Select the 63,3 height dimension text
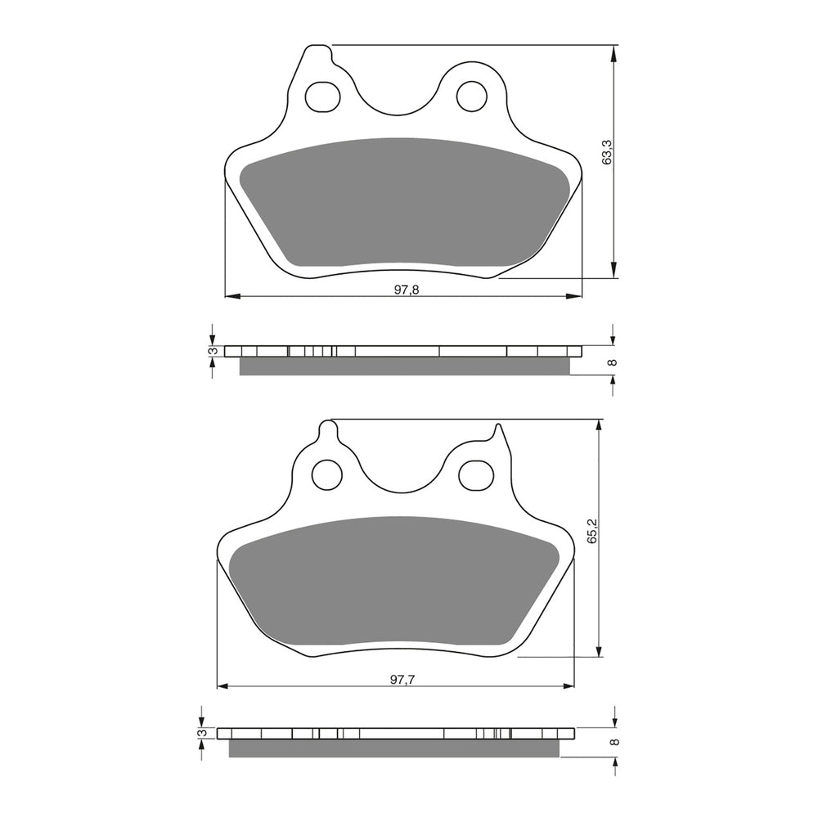click(606, 153)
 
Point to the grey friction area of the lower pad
click(396, 584)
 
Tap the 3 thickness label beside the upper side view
click(212, 351)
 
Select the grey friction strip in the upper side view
click(404, 366)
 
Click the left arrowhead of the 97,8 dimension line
click(230, 295)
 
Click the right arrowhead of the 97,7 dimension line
click(569, 685)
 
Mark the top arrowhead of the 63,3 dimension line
click(613, 51)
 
